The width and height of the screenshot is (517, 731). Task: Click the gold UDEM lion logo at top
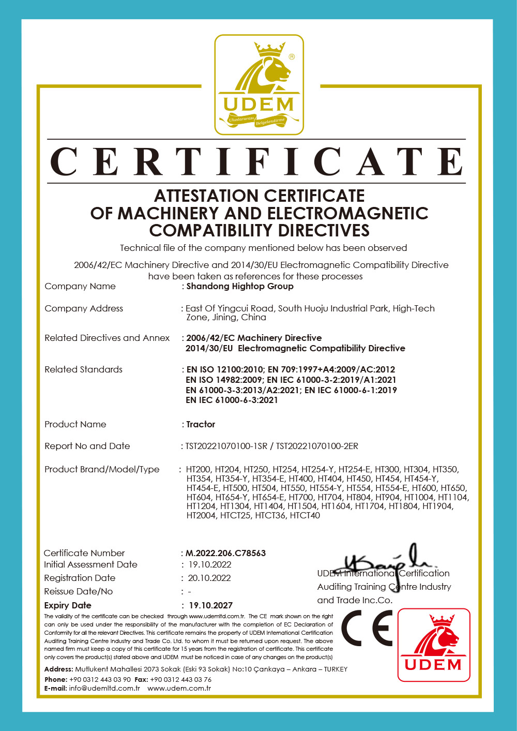tap(259, 85)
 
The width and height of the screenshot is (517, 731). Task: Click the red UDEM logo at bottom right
tap(434, 645)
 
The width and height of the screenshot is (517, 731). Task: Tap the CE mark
tap(367, 628)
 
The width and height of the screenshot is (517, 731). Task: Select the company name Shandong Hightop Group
tap(240, 286)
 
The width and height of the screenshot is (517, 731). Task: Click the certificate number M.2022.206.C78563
tap(226, 553)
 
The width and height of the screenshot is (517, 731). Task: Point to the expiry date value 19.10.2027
tap(210, 605)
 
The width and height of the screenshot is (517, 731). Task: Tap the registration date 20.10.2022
tap(209, 578)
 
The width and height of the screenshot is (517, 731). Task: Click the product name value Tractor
tap(201, 424)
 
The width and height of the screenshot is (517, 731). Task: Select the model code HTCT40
tap(305, 515)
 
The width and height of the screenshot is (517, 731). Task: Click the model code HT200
tap(199, 469)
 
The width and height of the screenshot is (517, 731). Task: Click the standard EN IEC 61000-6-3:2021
tap(232, 400)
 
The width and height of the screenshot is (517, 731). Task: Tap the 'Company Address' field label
tap(84, 308)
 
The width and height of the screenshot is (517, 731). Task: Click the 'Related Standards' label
tap(83, 369)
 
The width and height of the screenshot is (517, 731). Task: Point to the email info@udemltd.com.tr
tap(104, 688)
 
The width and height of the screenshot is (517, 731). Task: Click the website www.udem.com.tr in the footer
tap(179, 688)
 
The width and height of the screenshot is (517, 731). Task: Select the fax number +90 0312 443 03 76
tap(180, 679)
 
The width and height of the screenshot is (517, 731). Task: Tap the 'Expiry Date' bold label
tap(68, 605)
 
